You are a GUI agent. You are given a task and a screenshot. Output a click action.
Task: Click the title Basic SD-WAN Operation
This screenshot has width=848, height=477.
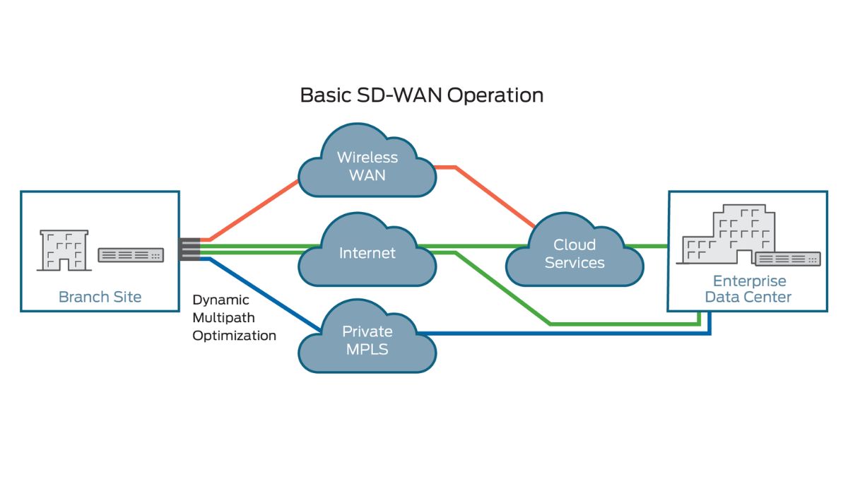(x=422, y=95)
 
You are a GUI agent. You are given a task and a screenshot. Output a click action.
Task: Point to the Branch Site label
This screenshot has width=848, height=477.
(x=100, y=297)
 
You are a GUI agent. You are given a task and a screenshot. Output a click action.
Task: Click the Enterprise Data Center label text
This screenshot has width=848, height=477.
(x=748, y=289)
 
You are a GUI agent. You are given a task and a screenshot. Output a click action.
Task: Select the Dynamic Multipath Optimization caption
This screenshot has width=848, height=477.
(x=234, y=318)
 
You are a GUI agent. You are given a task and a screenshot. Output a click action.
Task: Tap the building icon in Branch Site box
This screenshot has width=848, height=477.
(x=64, y=249)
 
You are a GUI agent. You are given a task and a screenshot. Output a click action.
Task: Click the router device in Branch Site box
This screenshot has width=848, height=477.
(x=131, y=255)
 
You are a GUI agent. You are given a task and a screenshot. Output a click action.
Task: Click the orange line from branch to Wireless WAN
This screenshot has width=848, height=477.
(x=254, y=208)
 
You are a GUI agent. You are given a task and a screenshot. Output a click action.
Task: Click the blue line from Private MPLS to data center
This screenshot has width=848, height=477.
(x=565, y=332)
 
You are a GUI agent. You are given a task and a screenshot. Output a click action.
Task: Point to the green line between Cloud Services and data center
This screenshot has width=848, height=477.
(x=654, y=247)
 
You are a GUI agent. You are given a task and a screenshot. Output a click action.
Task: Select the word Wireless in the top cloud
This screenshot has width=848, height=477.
(x=367, y=157)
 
